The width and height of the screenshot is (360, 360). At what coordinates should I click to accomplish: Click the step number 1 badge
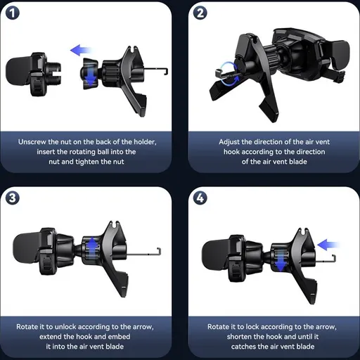pyautogui.click(x=13, y=13)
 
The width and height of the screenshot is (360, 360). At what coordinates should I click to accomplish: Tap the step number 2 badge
pyautogui.click(x=200, y=13)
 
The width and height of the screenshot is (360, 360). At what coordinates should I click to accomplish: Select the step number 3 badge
pyautogui.click(x=13, y=198)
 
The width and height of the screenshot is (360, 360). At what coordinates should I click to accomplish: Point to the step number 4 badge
pyautogui.click(x=200, y=198)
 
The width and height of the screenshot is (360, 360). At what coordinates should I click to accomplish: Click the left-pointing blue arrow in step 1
pyautogui.click(x=81, y=50)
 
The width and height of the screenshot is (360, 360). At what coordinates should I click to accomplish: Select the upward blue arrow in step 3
pyautogui.click(x=93, y=247)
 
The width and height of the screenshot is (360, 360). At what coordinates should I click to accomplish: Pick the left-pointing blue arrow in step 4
pyautogui.click(x=328, y=245)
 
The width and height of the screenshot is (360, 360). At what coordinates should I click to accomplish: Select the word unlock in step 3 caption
pyautogui.click(x=65, y=327)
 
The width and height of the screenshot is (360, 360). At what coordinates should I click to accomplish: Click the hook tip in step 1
pyautogui.click(x=166, y=72)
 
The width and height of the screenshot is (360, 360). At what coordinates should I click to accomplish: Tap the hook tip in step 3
pyautogui.click(x=159, y=252)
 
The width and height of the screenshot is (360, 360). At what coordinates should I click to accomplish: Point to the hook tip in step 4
pyautogui.click(x=334, y=258)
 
